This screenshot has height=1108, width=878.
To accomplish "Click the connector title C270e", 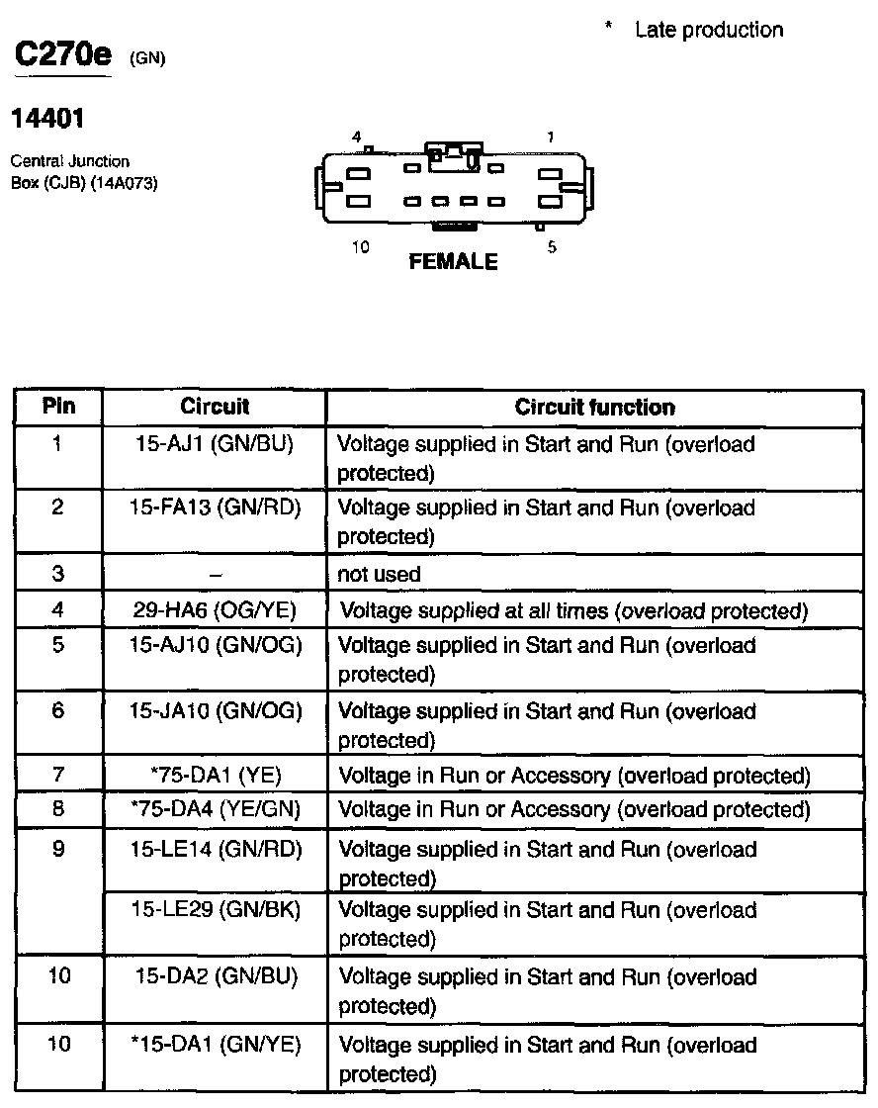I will (61, 56).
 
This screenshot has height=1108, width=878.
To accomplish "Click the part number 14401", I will (46, 119).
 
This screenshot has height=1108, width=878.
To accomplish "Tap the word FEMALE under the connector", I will (453, 262).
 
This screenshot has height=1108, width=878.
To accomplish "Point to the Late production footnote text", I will (708, 30).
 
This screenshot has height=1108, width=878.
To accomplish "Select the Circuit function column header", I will (594, 408).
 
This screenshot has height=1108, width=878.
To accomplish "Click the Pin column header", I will (58, 407).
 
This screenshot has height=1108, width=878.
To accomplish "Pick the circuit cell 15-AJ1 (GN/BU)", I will (215, 444).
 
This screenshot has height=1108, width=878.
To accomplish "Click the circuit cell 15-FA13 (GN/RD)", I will (215, 508).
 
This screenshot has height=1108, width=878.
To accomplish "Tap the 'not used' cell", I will (380, 574).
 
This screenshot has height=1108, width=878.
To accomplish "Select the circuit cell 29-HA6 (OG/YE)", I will (215, 609).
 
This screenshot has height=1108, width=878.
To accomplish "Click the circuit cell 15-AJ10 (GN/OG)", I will (215, 645).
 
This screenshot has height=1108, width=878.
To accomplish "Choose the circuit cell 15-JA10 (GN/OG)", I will (215, 710).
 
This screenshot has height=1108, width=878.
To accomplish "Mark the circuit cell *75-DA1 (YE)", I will (215, 776).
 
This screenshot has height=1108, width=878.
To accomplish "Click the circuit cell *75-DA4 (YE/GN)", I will (215, 810).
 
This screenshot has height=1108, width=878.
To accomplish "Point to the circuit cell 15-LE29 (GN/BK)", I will (215, 909).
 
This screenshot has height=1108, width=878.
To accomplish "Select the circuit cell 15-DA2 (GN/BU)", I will (215, 976).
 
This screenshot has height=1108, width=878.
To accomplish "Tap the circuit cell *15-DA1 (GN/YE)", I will (215, 1044).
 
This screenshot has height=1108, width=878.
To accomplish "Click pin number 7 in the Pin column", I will (58, 776).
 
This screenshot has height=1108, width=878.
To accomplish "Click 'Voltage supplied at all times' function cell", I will (573, 610).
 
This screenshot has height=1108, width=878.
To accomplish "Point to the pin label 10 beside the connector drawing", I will (361, 247).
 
